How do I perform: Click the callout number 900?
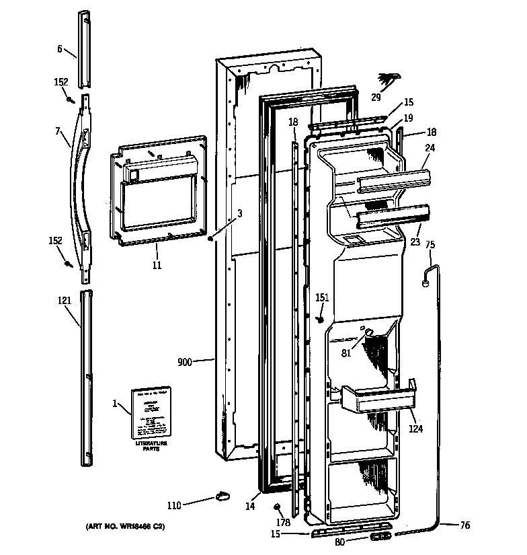click(x=185, y=362)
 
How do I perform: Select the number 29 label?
click(x=376, y=97)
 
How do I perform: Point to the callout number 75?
click(x=430, y=245)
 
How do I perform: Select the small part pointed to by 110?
click(x=222, y=497)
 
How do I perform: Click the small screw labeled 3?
click(x=211, y=237)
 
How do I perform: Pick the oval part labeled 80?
click(x=380, y=538)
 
